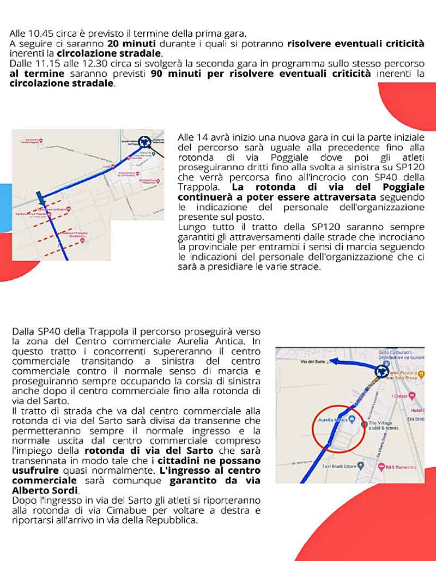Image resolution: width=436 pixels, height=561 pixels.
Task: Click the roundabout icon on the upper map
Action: pyautogui.click(x=144, y=142)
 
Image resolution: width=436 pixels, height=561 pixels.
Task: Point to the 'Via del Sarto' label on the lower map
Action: pyautogui.click(x=313, y=361)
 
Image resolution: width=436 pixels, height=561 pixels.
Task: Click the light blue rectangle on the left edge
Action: pyautogui.click(x=5, y=207)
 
